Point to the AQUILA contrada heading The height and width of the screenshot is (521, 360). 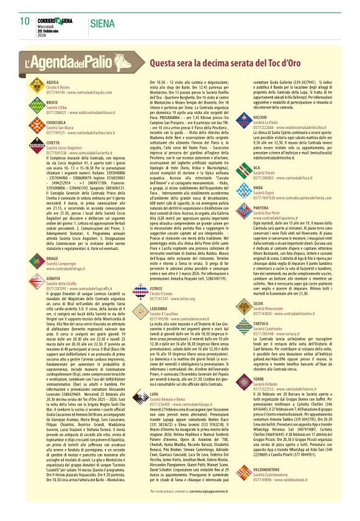53,81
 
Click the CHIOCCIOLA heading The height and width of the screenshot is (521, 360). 57,122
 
